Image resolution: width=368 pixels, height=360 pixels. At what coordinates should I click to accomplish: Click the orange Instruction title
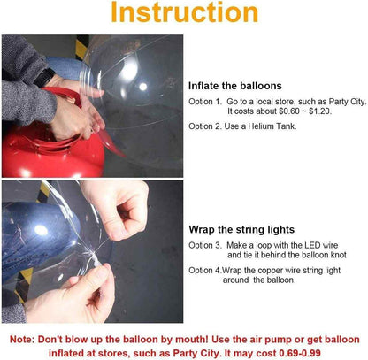pos(185,12)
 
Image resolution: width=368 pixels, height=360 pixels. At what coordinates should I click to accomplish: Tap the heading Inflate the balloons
pos(235,86)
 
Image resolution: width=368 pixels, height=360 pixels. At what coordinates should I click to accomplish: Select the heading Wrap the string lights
pos(241,229)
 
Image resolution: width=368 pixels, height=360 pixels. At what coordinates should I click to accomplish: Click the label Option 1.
pos(205,102)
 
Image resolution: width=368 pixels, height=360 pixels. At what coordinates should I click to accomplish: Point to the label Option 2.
pos(205,126)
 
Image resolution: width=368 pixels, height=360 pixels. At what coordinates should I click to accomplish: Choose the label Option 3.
pos(205,245)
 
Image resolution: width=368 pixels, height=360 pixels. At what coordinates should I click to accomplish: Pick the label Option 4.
pos(205,271)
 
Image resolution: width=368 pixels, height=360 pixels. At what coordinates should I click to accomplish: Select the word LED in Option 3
pos(312,245)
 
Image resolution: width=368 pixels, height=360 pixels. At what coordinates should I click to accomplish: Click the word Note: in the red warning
pos(22,340)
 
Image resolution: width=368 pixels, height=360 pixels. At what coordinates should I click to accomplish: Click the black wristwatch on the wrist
pos(43,78)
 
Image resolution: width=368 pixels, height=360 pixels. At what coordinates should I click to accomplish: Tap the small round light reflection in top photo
pos(143,87)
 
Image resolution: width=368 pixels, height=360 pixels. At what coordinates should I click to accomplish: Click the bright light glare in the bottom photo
pos(41,230)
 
